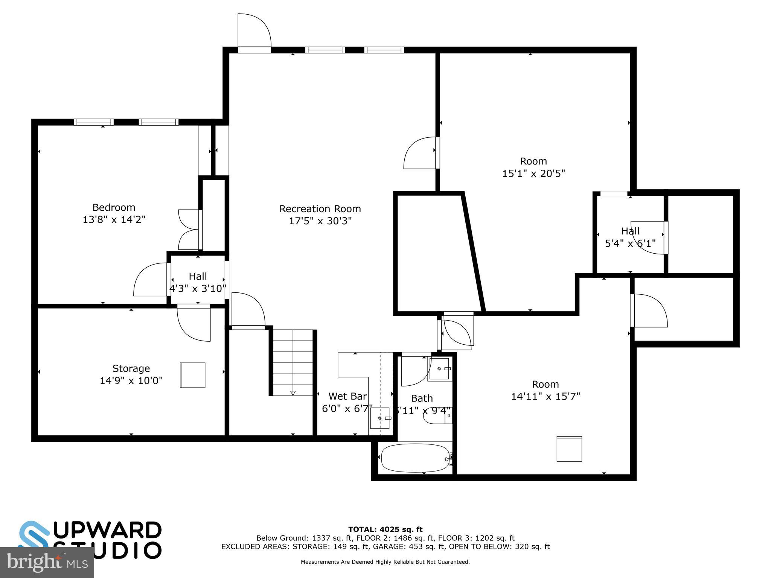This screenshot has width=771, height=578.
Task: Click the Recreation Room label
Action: [x=320, y=208]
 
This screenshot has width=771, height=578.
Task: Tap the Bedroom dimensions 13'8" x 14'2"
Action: [x=114, y=219]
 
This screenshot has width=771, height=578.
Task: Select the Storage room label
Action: [x=131, y=368]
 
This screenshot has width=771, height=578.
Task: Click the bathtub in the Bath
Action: [x=415, y=458]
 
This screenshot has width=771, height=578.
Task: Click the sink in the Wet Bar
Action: [x=379, y=418]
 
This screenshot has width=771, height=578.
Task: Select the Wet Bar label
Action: [x=347, y=396]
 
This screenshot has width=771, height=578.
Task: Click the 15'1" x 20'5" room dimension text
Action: [x=533, y=173]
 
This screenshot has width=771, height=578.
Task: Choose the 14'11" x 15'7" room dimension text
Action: [x=545, y=396]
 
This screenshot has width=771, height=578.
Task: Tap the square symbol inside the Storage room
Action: [x=192, y=375]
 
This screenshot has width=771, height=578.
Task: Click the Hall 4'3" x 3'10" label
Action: [x=198, y=282]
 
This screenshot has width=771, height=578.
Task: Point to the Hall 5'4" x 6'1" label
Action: [x=630, y=237]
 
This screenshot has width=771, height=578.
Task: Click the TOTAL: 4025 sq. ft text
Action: [x=385, y=529]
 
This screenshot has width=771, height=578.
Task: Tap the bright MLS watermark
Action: [x=47, y=562]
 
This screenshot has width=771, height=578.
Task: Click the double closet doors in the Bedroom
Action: [x=190, y=230]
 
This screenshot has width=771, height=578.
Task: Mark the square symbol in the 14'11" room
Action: [x=569, y=449]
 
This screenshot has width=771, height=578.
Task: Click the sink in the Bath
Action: [x=439, y=369]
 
